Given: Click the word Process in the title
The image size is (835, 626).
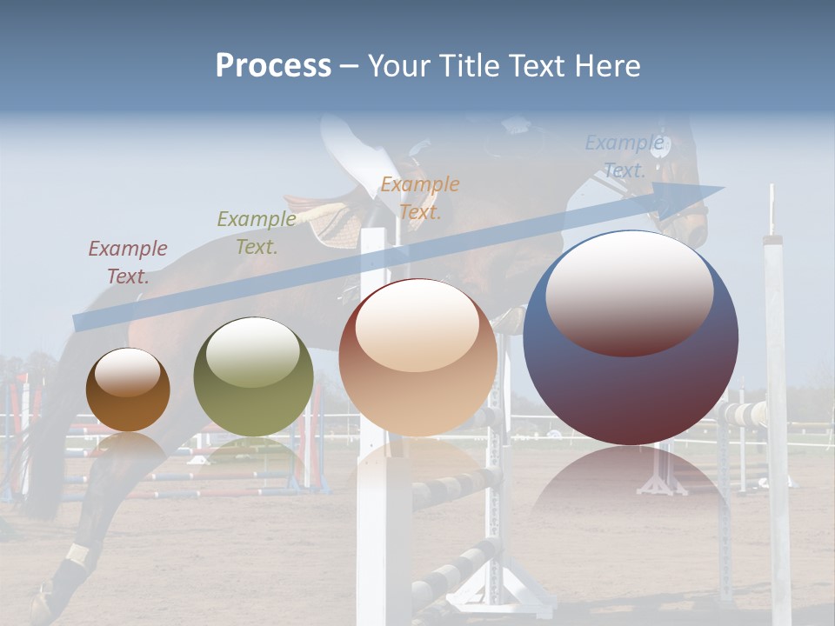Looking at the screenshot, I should coord(273,65).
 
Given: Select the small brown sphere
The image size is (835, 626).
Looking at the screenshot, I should coord(128,390).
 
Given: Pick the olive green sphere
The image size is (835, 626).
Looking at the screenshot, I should coord(253,376).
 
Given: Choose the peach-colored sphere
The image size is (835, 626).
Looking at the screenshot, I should coord(417,357).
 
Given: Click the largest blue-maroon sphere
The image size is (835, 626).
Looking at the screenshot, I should coord(631,338).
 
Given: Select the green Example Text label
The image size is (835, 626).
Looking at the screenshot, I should coord(257,233).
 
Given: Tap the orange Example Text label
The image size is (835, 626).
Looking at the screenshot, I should coord(420,197).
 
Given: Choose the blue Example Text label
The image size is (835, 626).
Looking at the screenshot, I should coord(624,156).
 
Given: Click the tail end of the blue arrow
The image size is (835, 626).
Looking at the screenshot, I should coord(80,323).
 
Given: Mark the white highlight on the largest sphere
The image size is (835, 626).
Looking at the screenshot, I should coord(630,290).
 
